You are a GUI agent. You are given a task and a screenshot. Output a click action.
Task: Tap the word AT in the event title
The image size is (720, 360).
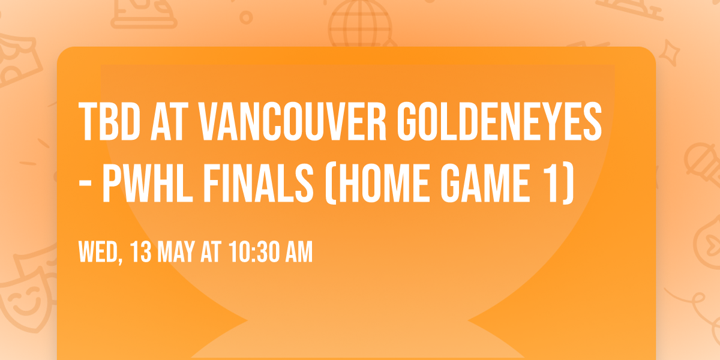tap(170, 122)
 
